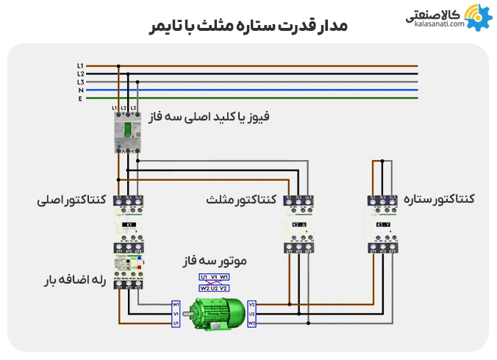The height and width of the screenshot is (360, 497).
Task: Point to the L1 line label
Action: pos(80,65)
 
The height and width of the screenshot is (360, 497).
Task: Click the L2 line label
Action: pos(80,73)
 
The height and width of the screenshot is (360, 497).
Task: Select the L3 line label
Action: pos(80,82)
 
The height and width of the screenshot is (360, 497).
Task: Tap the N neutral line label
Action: pos(80,90)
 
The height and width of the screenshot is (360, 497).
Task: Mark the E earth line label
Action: pos(80,98)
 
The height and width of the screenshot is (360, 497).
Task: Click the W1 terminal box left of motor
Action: pos(176,303)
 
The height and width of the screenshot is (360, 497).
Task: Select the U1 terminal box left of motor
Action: pos(176,323)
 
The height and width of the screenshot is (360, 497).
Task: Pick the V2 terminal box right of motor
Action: pos(252,303)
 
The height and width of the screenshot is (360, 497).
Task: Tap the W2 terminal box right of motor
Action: pos(252,323)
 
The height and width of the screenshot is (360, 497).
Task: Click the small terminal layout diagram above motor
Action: pos(214,282)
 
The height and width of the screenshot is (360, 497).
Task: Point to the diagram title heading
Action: pos(248,26)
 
